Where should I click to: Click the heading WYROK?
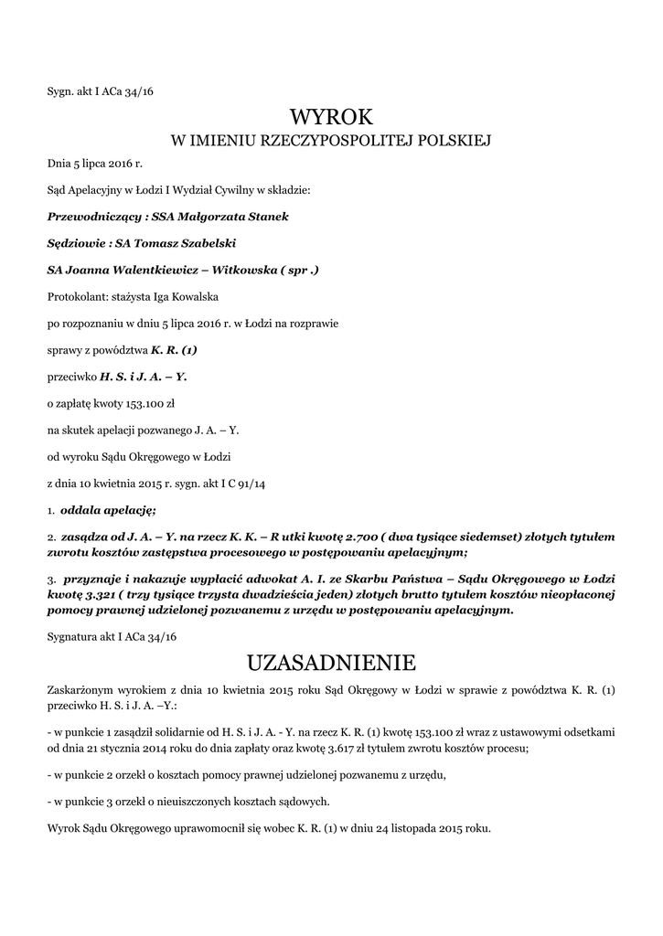point(332,117)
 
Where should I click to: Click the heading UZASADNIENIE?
point(331,661)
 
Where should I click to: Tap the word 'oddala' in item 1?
point(82,509)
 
